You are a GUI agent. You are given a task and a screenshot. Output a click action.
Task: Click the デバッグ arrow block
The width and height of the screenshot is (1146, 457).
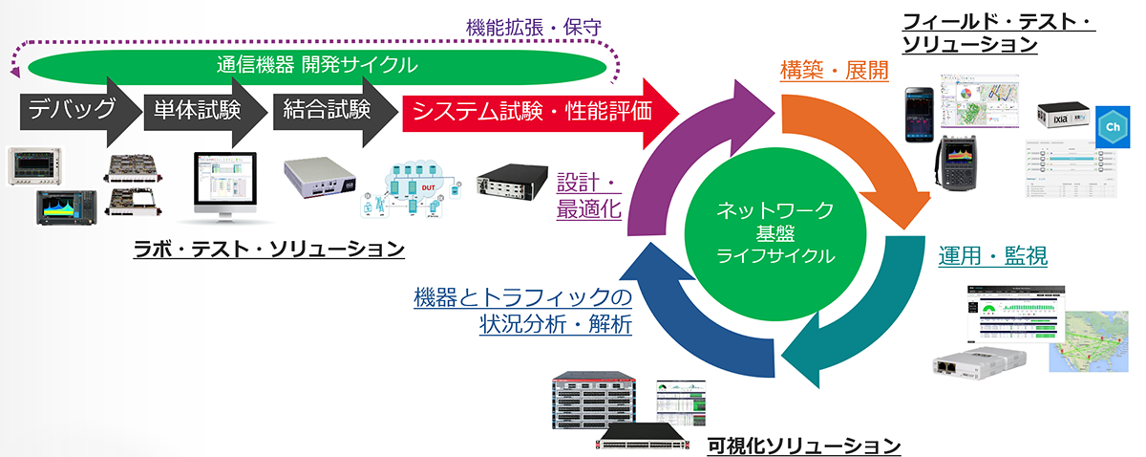72,111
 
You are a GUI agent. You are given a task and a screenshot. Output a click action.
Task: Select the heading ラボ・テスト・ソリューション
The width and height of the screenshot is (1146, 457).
268,249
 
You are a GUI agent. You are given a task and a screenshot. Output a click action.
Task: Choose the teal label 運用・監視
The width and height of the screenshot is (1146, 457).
993,256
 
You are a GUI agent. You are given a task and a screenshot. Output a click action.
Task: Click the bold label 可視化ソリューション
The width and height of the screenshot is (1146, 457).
803,445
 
